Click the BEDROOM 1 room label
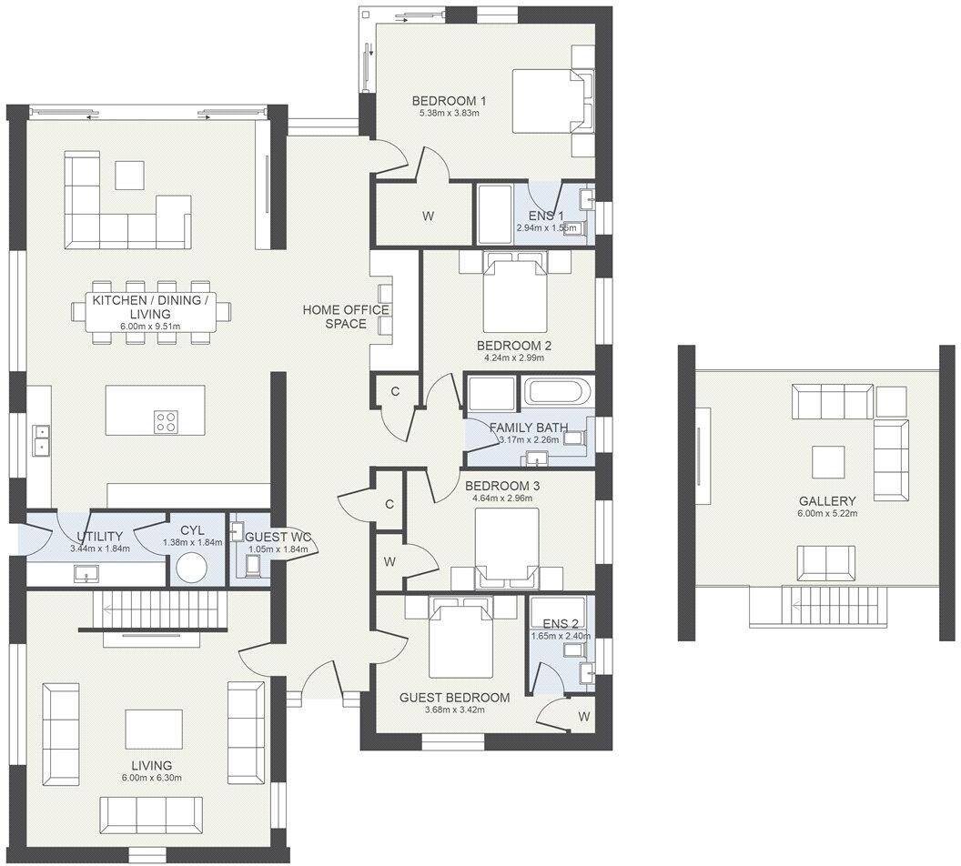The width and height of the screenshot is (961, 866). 448,101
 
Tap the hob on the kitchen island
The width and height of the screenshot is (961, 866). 166,421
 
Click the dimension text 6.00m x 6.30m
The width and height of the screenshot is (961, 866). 150,778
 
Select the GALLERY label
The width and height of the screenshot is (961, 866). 827,501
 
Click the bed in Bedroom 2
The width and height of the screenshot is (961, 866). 515,294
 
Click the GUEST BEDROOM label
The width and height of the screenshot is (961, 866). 454,698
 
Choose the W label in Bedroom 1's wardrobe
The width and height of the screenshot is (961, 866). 427,216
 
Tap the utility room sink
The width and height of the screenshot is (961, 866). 87,573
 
